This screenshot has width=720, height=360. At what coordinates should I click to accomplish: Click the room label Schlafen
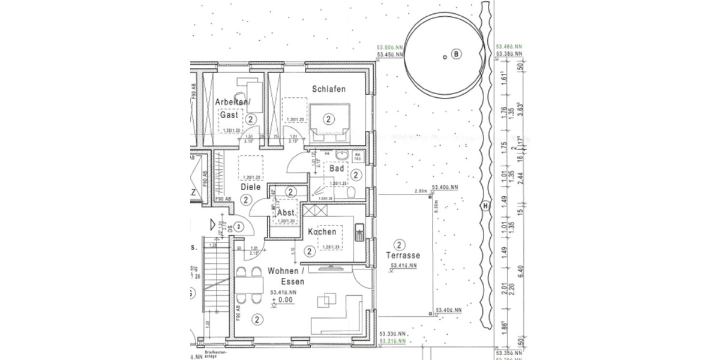tap(328, 89)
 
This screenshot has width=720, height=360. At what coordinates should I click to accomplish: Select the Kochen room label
tap(322, 232)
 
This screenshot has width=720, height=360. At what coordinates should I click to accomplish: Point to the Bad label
tap(336, 169)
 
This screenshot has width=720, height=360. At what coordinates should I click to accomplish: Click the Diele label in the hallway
tap(251, 187)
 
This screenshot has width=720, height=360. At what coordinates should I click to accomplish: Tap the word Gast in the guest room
tap(229, 114)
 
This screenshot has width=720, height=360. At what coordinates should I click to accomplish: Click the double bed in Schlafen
tap(328, 119)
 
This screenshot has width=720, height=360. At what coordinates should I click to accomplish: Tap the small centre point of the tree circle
tap(443, 57)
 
